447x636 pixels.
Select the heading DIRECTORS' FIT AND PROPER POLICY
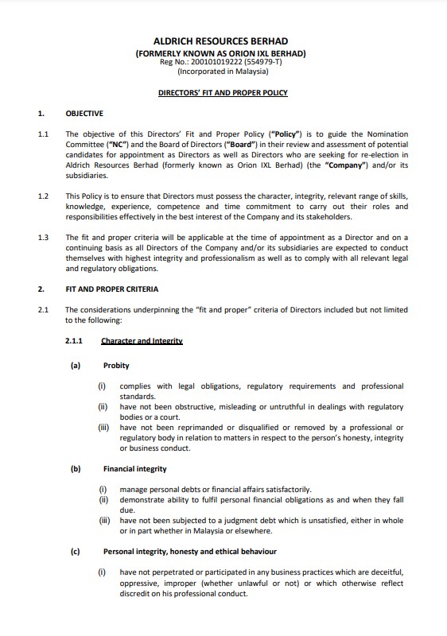[x=223, y=93]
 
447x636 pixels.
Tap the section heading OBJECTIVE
[x=84, y=114]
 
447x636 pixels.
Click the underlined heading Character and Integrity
[x=142, y=341]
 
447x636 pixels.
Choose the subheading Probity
[x=116, y=366]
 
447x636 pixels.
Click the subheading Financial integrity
[x=135, y=469]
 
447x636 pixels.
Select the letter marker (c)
[x=76, y=551]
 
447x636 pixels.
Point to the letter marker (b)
[x=76, y=469]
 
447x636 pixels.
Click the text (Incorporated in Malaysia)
[x=222, y=71]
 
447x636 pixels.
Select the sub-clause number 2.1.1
[x=76, y=341]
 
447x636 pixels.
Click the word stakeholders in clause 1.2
[x=328, y=216]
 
